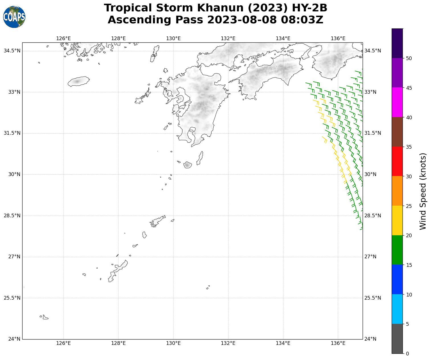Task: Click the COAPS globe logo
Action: point(14,17)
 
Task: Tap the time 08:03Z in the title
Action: point(302,20)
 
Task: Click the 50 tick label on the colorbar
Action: point(409,58)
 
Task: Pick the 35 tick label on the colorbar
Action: point(409,147)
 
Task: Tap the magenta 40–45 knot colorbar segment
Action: point(397,102)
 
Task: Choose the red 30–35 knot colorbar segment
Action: point(397,161)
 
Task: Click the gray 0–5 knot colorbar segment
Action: point(397,339)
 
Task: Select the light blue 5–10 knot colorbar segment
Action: point(397,309)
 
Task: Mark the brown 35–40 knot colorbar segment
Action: point(397,132)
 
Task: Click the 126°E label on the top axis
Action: point(63,38)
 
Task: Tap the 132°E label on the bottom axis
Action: point(228,343)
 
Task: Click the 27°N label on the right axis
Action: point(370,257)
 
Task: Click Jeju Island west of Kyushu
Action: point(79,81)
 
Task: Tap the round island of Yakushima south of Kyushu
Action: point(187,165)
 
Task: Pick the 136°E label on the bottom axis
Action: point(338,343)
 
